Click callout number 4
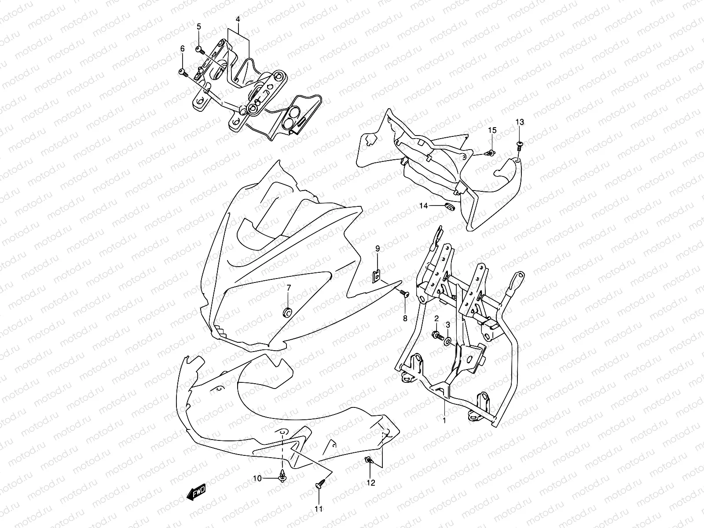(238, 19)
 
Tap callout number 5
(199, 26)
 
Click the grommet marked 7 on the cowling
(287, 312)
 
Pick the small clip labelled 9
(378, 276)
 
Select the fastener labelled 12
(369, 460)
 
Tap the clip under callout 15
(491, 154)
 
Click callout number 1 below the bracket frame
(444, 420)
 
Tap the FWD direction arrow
(196, 492)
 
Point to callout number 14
(424, 206)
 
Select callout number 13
(520, 122)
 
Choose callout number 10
(257, 479)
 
